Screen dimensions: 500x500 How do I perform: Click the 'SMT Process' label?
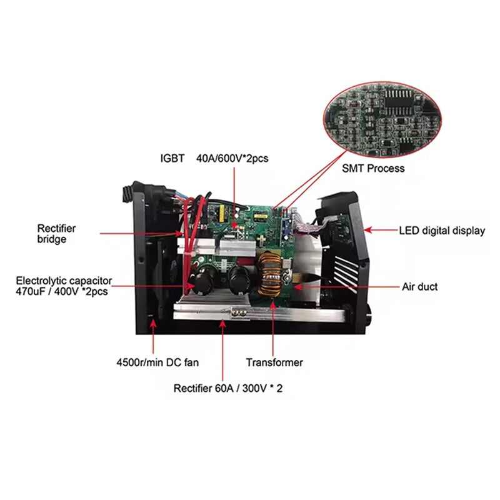click(x=373, y=168)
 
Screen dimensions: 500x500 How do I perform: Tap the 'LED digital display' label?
click(x=442, y=231)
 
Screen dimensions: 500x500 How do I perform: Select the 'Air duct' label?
click(x=419, y=287)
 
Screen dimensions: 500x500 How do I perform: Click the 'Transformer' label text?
click(x=274, y=362)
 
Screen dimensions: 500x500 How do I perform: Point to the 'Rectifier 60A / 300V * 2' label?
click(x=228, y=388)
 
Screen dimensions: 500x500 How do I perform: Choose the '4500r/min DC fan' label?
click(x=157, y=362)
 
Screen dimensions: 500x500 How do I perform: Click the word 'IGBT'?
click(x=172, y=158)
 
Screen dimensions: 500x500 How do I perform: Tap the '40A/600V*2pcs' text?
click(x=232, y=158)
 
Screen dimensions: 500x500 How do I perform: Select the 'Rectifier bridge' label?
click(x=56, y=234)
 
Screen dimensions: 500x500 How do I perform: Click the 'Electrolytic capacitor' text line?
click(x=64, y=281)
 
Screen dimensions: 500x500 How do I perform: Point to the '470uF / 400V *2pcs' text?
click(x=62, y=291)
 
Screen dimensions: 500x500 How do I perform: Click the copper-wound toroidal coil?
click(x=270, y=274)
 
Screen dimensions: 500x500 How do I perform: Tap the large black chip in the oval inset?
click(x=399, y=99)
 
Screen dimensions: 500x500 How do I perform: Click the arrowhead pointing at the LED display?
click(x=368, y=230)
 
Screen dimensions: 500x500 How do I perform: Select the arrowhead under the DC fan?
click(x=153, y=324)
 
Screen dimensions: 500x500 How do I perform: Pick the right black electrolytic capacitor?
click(x=240, y=281)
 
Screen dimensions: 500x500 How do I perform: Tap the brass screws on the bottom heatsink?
click(x=239, y=314)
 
